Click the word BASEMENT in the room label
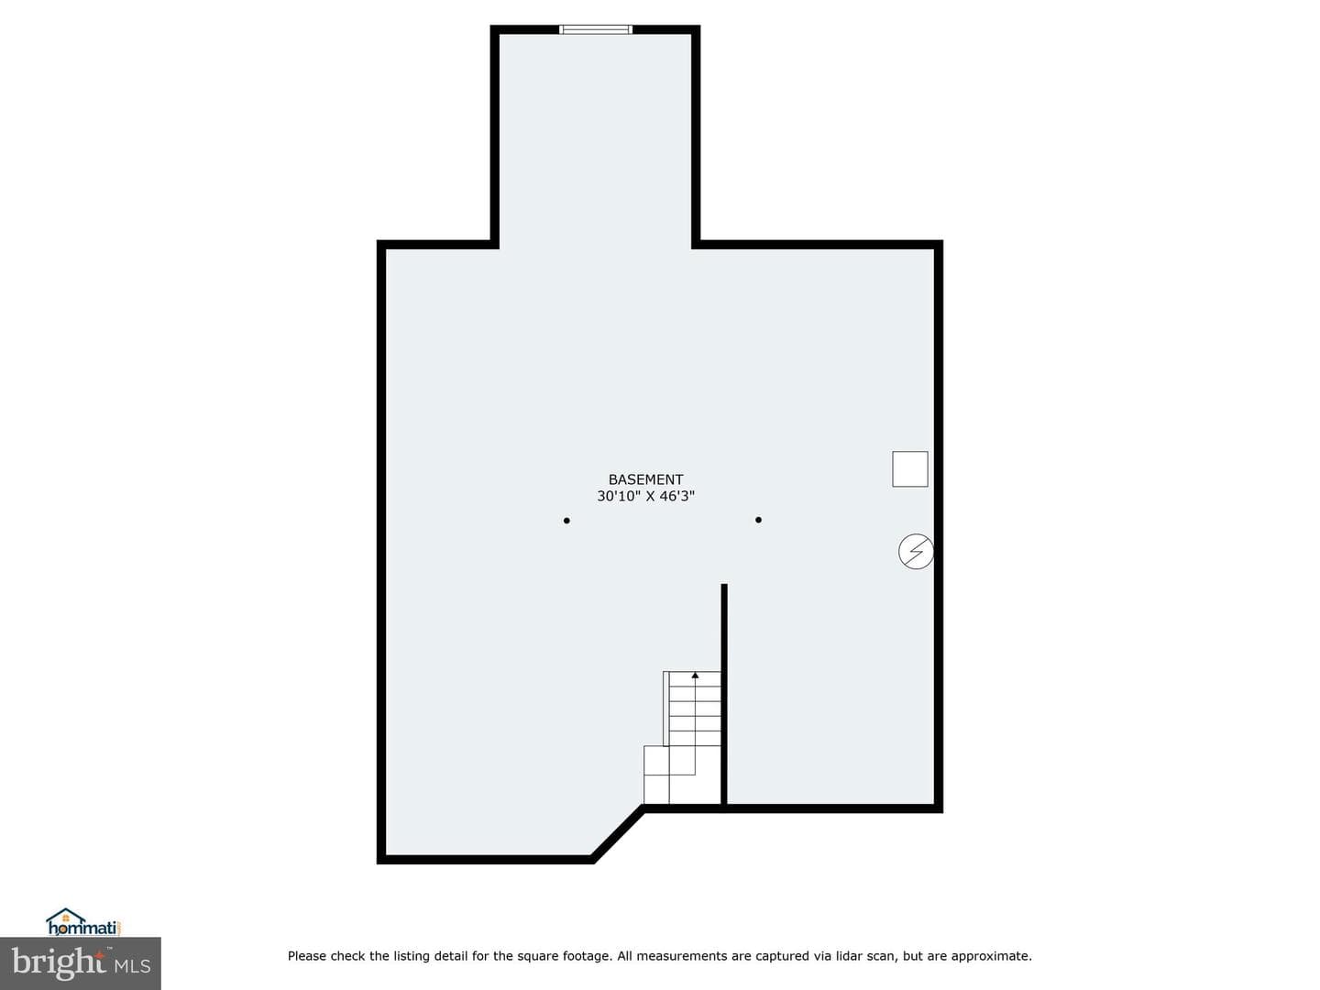pyautogui.click(x=645, y=479)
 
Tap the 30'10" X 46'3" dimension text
pyautogui.click(x=645, y=497)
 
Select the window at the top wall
pyautogui.click(x=595, y=29)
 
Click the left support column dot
pyautogui.click(x=566, y=521)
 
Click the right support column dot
pyautogui.click(x=758, y=520)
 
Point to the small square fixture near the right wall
pyautogui.click(x=910, y=468)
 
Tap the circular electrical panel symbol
pyautogui.click(x=916, y=551)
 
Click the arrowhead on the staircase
pyautogui.click(x=695, y=676)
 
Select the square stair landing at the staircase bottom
pyautogui.click(x=656, y=761)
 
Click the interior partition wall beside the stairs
pyautogui.click(x=724, y=694)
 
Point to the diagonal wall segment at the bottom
pyautogui.click(x=618, y=834)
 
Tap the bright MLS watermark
pyautogui.click(x=81, y=963)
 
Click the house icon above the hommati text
pyautogui.click(x=66, y=917)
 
